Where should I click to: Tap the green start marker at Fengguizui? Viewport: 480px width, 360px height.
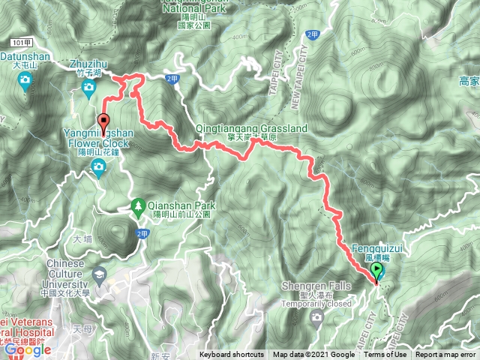coord(376,272)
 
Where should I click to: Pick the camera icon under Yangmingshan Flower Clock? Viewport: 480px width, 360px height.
coord(97,173)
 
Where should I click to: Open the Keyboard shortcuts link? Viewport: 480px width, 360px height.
coord(231,355)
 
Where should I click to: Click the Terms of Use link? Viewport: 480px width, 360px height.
coord(385,355)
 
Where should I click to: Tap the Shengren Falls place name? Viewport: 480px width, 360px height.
coord(316,286)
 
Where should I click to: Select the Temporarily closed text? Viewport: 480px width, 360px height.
coord(316,304)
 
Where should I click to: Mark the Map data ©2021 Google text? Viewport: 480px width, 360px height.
coord(313,355)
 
